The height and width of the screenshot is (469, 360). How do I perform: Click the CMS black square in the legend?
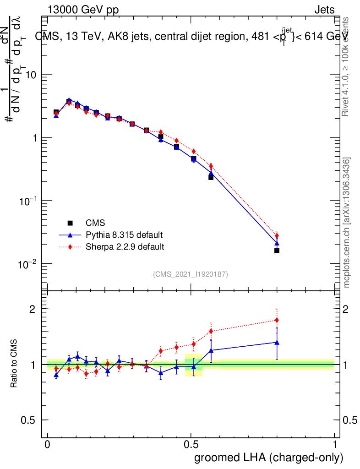(70, 223)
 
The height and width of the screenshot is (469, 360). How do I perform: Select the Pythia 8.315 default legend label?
(124, 235)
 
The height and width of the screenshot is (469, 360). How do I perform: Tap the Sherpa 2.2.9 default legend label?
(125, 247)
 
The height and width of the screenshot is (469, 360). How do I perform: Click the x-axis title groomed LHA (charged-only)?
(269, 458)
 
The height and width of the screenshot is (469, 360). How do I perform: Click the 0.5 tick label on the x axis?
(191, 445)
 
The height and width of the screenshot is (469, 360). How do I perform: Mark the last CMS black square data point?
(277, 251)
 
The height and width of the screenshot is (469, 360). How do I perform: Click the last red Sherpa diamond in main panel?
(277, 235)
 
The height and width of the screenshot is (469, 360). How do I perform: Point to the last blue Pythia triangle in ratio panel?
(277, 342)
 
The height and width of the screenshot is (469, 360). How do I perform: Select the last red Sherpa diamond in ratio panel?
(277, 320)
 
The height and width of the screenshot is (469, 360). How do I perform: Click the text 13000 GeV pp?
(83, 10)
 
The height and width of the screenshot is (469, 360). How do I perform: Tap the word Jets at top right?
(324, 10)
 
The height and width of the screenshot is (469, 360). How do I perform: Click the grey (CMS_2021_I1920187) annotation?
(191, 274)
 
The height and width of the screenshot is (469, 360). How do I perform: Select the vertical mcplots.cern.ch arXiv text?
(347, 223)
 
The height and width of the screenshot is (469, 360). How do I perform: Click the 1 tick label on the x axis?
(335, 445)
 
